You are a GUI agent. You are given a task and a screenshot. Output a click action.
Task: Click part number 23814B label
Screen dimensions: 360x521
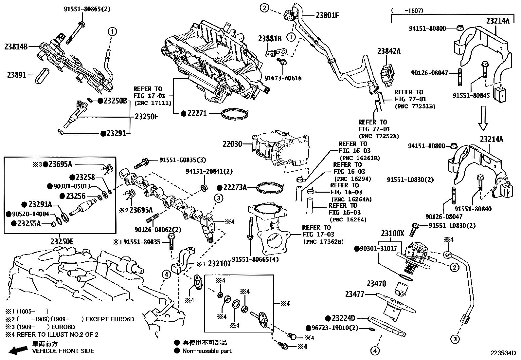[x=16, y=47]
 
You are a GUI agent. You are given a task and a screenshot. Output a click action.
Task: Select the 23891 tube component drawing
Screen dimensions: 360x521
[x=42, y=75]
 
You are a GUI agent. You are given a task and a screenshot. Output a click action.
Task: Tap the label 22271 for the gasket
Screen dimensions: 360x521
[x=197, y=113]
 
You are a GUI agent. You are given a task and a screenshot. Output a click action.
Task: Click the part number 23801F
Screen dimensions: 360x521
[x=327, y=15]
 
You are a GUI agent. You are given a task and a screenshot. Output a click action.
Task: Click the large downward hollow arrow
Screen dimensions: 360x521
[x=483, y=118]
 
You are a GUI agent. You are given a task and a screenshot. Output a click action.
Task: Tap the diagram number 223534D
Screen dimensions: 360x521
[x=503, y=353]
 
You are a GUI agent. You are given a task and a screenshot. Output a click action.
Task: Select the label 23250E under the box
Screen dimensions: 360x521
[x=62, y=242]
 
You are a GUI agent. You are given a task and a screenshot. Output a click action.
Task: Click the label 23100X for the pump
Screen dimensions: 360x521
[x=393, y=234]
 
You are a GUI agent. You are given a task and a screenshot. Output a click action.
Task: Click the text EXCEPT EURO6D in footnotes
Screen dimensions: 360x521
[x=110, y=319]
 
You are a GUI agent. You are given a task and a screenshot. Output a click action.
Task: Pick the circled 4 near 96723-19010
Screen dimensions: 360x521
[x=375, y=351]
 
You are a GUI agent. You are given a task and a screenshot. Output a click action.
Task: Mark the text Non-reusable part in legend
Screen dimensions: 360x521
[x=207, y=351]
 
